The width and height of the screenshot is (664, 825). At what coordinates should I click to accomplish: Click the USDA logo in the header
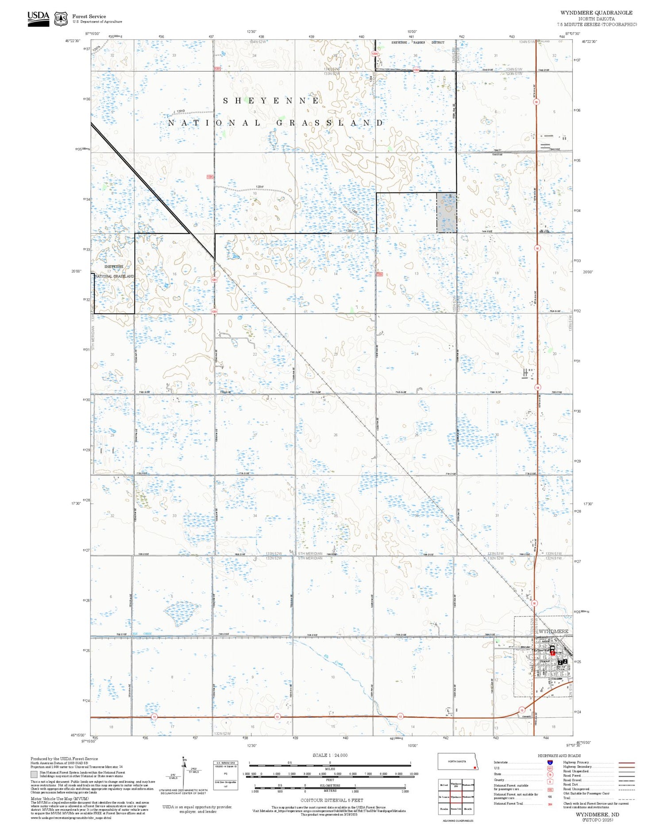click(x=38, y=18)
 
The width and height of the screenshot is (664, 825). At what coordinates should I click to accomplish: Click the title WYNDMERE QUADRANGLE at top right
click(x=596, y=13)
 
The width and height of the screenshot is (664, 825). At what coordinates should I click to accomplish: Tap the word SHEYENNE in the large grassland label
click(x=270, y=101)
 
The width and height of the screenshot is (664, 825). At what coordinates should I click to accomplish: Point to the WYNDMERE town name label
click(x=553, y=631)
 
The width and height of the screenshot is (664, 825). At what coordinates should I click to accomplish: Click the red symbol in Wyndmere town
click(x=552, y=652)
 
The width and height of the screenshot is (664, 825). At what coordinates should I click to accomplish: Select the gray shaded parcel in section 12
click(x=446, y=213)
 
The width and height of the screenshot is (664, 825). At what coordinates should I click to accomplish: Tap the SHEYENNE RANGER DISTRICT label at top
click(x=417, y=43)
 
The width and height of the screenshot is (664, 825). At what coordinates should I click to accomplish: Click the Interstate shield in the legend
click(x=550, y=762)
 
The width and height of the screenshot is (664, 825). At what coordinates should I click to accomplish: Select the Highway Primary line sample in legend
click(x=625, y=763)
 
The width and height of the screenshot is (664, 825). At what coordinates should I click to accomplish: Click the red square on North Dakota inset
click(x=475, y=768)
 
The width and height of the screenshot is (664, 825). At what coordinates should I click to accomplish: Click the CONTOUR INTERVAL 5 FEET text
click(x=332, y=800)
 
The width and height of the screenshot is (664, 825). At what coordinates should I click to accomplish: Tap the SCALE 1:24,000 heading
click(x=330, y=755)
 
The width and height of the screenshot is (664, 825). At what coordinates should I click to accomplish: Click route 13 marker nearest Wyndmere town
click(x=521, y=710)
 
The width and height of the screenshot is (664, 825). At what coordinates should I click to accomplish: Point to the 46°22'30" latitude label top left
click(x=73, y=41)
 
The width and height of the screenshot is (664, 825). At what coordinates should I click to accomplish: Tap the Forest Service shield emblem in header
click(x=61, y=19)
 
